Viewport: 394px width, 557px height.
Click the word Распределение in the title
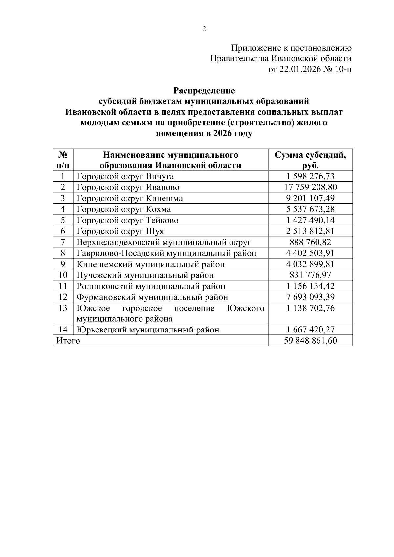pyautogui.click(x=204, y=90)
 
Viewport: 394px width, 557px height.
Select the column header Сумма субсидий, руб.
pyautogui.click(x=310, y=160)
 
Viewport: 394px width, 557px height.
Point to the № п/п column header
pyautogui.click(x=63, y=160)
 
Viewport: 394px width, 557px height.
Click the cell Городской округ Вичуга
pyautogui.click(x=125, y=177)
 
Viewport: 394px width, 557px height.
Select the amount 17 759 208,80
pyautogui.click(x=310, y=187)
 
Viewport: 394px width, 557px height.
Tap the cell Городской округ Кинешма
pyautogui.click(x=130, y=199)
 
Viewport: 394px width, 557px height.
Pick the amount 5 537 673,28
pyautogui.click(x=310, y=209)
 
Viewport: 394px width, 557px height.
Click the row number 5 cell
pyautogui.click(x=63, y=220)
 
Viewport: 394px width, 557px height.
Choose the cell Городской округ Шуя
pyautogui.click(x=120, y=231)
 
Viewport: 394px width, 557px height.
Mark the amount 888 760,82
pyautogui.click(x=310, y=242)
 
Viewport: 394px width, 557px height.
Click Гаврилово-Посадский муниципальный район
pyautogui.click(x=166, y=253)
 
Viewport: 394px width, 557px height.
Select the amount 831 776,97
pyautogui.click(x=310, y=275)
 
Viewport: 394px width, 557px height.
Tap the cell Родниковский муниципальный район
pyautogui.click(x=151, y=286)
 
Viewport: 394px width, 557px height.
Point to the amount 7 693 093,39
pyautogui.click(x=310, y=297)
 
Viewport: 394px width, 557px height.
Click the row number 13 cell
pyautogui.click(x=63, y=308)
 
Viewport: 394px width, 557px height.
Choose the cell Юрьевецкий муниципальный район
pyautogui.click(x=148, y=330)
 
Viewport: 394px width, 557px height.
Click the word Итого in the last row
pyautogui.click(x=68, y=341)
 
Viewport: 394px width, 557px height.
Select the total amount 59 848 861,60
pyautogui.click(x=310, y=341)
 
